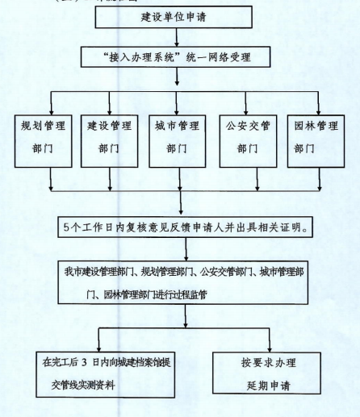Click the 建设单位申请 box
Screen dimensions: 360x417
click(174, 17)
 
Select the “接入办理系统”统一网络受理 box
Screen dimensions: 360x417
click(175, 56)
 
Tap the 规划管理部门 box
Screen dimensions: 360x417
click(44, 141)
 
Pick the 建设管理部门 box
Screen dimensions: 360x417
click(110, 141)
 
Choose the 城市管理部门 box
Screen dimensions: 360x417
click(178, 141)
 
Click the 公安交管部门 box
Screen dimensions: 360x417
click(248, 141)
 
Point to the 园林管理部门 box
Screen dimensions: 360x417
click(316, 141)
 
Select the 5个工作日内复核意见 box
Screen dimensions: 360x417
click(186, 227)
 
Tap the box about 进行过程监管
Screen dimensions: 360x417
click(183, 282)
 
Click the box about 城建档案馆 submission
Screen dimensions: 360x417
click(106, 374)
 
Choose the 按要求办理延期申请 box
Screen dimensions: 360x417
click(266, 373)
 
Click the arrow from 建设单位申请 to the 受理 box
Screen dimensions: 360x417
click(177, 37)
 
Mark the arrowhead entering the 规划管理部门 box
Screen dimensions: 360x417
click(52, 112)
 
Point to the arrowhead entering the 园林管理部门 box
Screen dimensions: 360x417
click(319, 112)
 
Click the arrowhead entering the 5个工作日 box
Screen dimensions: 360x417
click(181, 214)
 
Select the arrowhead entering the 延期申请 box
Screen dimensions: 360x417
click(270, 349)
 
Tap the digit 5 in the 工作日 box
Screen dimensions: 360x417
click(66, 227)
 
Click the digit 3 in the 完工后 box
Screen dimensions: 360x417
click(84, 363)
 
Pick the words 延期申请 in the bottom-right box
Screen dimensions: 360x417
click(269, 386)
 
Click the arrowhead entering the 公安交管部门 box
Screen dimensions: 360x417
click(245, 112)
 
